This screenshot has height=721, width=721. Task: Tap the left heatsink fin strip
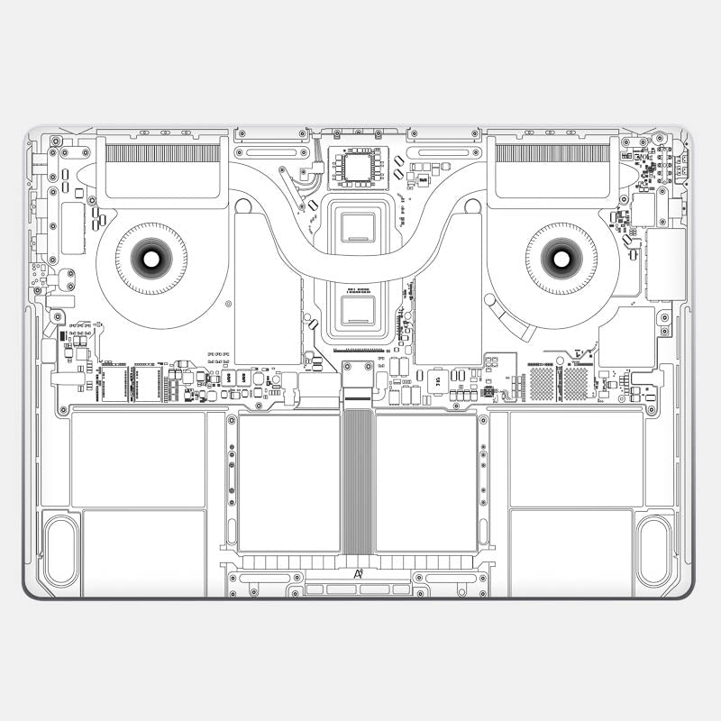(162, 153)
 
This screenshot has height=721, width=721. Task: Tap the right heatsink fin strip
(552, 153)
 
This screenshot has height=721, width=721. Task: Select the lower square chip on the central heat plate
(360, 311)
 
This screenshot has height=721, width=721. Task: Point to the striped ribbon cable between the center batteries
(358, 482)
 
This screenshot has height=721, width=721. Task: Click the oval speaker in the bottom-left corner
(61, 550)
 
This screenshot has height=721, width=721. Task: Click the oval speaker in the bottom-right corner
(654, 550)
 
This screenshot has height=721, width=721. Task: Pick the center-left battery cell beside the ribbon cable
(288, 482)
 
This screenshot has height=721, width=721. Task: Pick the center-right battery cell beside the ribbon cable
(426, 482)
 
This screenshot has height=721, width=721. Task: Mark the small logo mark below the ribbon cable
(359, 573)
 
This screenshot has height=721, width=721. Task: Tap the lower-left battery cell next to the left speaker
(144, 552)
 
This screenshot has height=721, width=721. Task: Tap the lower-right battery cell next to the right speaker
(571, 552)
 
